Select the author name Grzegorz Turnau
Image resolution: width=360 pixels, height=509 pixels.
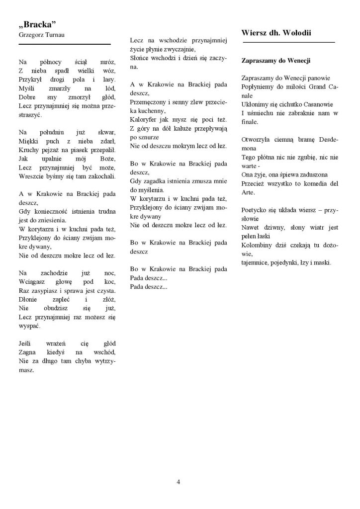coord(41,34)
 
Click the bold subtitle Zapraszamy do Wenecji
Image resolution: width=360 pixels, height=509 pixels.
coord(275,61)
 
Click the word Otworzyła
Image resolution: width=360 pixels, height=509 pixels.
coord(257,140)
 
